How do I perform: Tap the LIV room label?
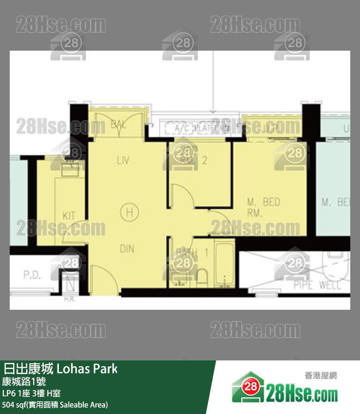[x=123, y=160]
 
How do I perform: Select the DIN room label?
[x=126, y=249]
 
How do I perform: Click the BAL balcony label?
[x=119, y=124]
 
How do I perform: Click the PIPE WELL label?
[x=317, y=285]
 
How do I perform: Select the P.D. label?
[x=32, y=275]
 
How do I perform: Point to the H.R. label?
[x=69, y=299]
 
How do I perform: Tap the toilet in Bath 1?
[x=201, y=277]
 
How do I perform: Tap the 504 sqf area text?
[x=54, y=404]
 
